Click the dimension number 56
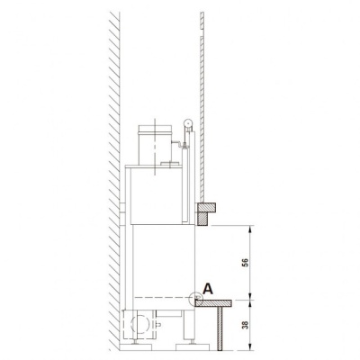click(245, 263)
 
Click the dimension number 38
click(245, 325)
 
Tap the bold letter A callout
click(208, 289)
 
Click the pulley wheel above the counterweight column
click(188, 122)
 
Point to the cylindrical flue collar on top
click(155, 145)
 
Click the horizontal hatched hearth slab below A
click(213, 303)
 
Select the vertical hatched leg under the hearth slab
click(220, 328)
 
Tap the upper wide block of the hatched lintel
click(206, 207)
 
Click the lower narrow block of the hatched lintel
click(202, 218)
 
